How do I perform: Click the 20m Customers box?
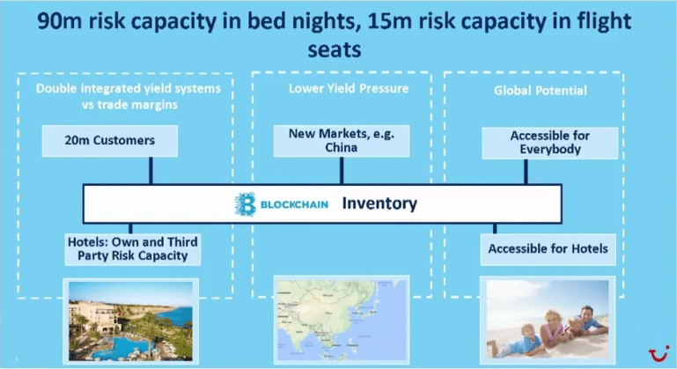(x=110, y=141)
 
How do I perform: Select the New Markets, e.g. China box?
(x=342, y=141)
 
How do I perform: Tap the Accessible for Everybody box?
(x=549, y=143)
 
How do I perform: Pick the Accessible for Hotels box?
(x=548, y=249)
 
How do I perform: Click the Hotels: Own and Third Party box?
(x=133, y=249)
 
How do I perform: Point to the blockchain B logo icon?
(x=246, y=204)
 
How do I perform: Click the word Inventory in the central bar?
(x=379, y=203)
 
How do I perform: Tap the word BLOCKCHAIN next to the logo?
(x=294, y=204)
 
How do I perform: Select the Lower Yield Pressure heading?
(x=349, y=89)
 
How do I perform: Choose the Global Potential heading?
(x=541, y=91)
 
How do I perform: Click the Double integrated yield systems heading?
(x=129, y=96)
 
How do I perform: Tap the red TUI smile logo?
(x=659, y=353)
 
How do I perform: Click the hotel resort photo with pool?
(x=131, y=321)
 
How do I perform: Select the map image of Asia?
(x=342, y=320)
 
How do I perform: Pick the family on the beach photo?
(x=548, y=320)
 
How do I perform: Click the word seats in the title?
(x=335, y=49)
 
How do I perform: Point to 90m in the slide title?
(x=60, y=21)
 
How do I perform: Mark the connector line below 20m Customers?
(x=151, y=171)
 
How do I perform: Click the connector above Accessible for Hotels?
(x=495, y=229)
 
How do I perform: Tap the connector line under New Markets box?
(x=342, y=171)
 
